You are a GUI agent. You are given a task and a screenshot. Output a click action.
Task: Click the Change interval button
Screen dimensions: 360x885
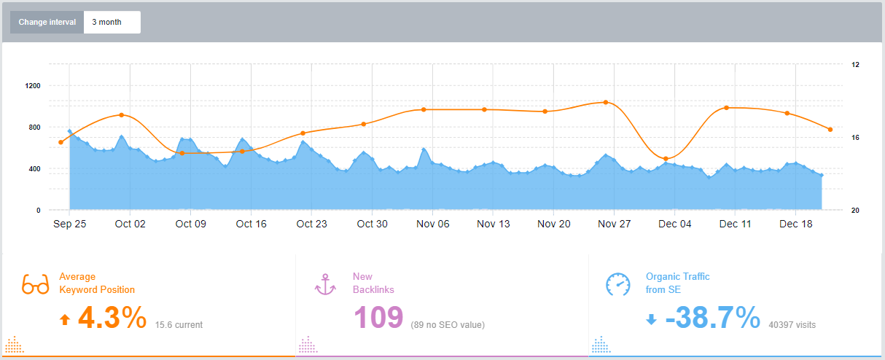pos(47,22)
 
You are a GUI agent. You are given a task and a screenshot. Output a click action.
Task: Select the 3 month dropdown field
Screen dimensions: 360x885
pos(112,22)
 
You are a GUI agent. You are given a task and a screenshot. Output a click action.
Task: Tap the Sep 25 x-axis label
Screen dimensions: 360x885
pos(70,224)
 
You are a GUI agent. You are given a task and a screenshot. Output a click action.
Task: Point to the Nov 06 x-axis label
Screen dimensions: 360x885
pos(433,224)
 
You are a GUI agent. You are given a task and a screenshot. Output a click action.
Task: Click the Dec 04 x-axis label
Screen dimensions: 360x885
pos(675,224)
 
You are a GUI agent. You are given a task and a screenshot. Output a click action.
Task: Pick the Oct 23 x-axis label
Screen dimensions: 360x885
pos(312,224)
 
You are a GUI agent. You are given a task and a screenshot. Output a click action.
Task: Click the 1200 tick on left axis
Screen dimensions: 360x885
pos(33,85)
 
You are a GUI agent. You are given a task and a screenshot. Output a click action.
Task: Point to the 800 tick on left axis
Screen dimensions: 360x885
pos(34,128)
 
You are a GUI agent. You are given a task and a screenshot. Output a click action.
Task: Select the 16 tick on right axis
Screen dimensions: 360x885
pos(855,138)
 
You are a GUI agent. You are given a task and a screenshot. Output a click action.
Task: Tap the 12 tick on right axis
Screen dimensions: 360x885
pos(855,65)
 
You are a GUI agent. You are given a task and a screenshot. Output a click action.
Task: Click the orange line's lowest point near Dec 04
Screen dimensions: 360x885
pos(666,158)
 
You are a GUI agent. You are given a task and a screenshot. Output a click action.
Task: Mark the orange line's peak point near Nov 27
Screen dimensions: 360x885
pos(605,102)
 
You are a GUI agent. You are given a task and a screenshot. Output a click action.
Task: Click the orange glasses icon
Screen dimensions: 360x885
pos(35,283)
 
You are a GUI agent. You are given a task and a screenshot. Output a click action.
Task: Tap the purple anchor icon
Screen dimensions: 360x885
pos(325,283)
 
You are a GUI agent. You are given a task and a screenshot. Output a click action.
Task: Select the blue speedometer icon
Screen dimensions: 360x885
pos(618,283)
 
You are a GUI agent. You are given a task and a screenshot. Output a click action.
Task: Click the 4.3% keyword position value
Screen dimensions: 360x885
pos(112,318)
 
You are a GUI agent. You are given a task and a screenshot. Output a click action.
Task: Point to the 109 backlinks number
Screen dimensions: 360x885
pos(378,318)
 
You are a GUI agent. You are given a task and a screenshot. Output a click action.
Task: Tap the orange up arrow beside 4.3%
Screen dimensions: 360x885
pos(65,319)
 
